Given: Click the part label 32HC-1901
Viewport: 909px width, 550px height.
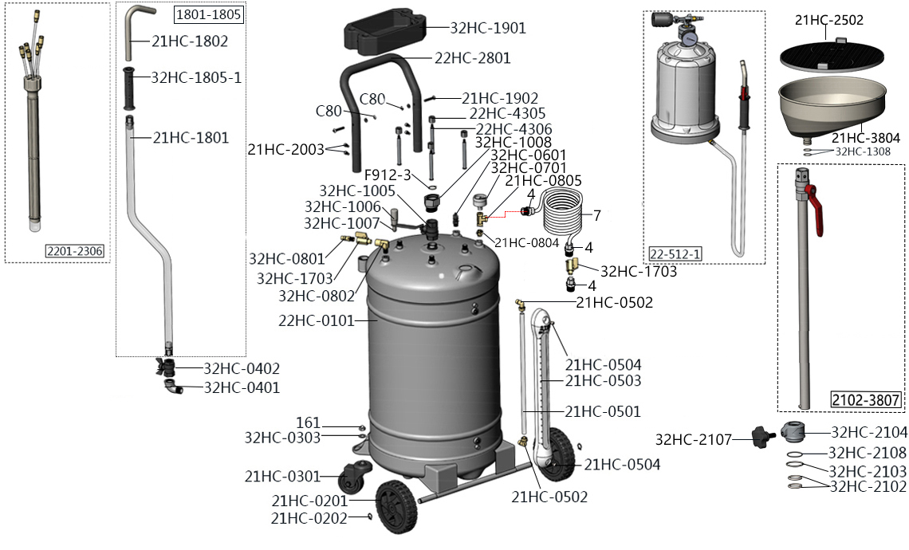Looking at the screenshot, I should pos(488,27).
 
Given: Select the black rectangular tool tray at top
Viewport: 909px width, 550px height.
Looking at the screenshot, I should pos(384,36).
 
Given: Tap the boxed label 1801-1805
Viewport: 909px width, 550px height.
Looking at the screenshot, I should pos(208,14).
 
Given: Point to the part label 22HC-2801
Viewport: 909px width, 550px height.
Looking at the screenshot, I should pos(473,58).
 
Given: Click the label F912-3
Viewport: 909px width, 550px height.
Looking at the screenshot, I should pos(388,175).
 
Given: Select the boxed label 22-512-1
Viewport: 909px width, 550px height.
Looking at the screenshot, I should pos(675,253).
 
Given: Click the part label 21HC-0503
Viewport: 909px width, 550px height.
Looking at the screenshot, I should pos(603,381).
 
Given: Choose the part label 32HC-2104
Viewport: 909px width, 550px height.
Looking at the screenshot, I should pos(869,432).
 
